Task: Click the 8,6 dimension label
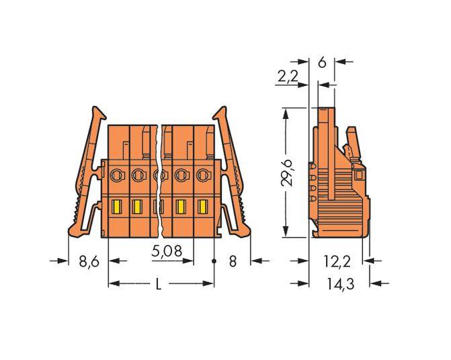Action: [x=89, y=261]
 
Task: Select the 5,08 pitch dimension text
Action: [x=166, y=253]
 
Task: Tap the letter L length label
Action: [x=159, y=284]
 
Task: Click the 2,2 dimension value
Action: [x=287, y=78]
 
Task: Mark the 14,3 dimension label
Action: [x=339, y=285]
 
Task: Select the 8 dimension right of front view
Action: [x=233, y=261]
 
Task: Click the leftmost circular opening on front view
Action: [x=115, y=175]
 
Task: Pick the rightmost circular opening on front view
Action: [x=202, y=175]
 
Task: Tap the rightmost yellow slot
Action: [x=202, y=206]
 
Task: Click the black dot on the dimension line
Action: [x=214, y=260]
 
